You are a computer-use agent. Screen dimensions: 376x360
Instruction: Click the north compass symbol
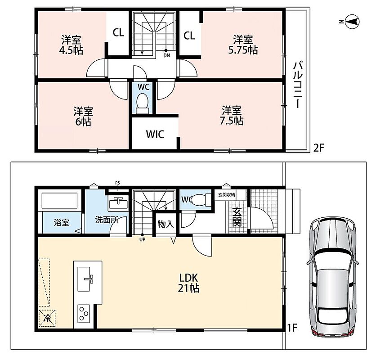coord(352,22)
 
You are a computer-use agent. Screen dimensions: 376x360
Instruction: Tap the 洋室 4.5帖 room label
coord(71,45)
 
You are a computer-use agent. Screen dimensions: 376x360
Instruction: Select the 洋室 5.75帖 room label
coord(243,45)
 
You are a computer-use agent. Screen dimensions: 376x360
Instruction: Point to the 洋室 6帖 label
coord(83,117)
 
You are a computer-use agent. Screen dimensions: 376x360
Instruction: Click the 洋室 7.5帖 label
coord(232,116)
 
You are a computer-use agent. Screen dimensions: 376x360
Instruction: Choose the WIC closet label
coord(155,134)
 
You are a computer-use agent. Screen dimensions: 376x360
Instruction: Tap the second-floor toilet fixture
coord(143,103)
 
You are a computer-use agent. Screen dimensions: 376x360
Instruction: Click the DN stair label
coord(167,55)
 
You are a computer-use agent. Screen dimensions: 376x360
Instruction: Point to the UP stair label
coord(143,239)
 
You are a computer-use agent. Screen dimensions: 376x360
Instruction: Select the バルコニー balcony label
coord(298,85)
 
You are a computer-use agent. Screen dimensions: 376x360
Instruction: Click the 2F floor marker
coord(319,148)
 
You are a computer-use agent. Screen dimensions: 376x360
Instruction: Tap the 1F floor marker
coord(292,328)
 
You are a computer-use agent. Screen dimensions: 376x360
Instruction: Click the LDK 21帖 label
coord(188,283)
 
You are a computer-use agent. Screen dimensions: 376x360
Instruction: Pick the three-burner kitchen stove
coord(84,314)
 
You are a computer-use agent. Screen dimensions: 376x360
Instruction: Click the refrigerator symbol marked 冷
coord(47,318)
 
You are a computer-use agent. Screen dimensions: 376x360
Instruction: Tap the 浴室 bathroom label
coord(61,222)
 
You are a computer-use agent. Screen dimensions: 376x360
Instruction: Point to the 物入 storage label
coord(166,224)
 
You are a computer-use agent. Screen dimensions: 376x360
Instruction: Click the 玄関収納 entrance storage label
coord(226,194)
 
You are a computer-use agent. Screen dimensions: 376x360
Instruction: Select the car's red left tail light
coord(317,332)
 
